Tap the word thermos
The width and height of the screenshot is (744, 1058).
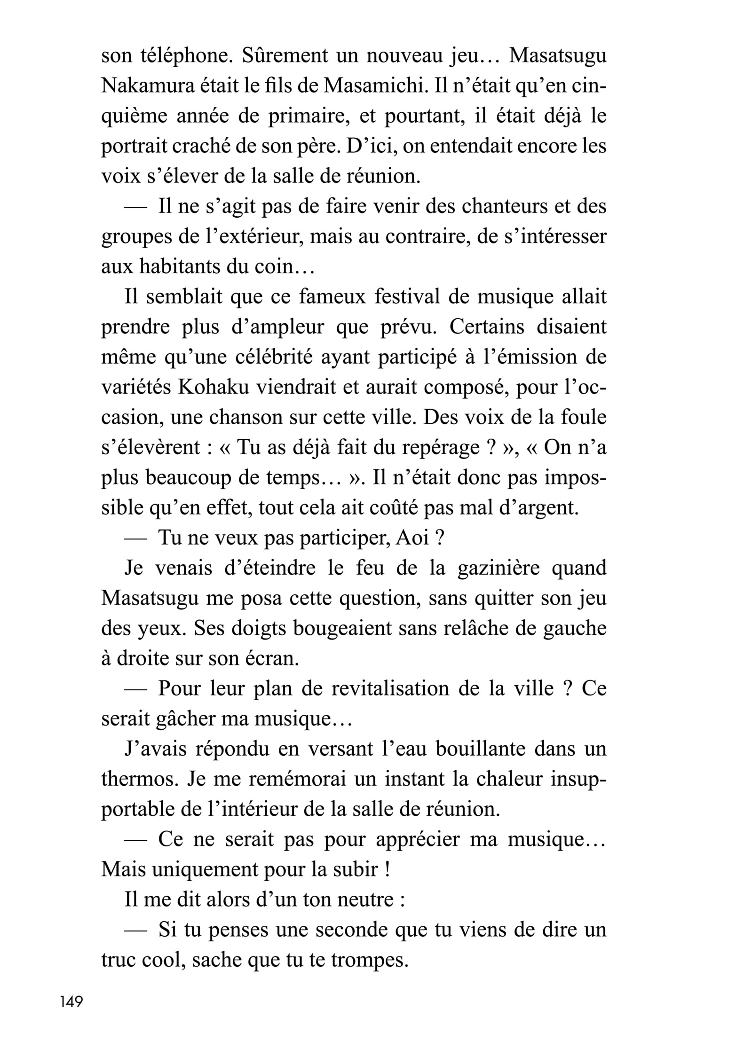(x=139, y=779)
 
